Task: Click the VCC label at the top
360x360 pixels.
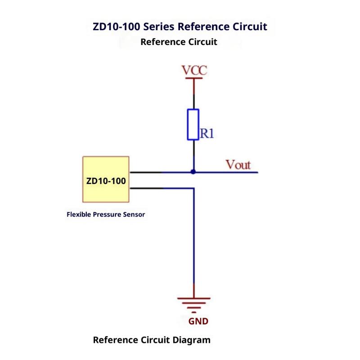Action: click(194, 71)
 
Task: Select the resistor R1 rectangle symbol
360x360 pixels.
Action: click(193, 124)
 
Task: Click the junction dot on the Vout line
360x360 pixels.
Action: click(193, 172)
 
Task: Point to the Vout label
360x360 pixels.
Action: click(238, 165)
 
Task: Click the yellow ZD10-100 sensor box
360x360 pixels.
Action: click(106, 179)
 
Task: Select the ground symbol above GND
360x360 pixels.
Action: click(193, 303)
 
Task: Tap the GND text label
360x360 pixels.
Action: click(198, 322)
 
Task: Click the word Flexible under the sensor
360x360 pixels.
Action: click(79, 215)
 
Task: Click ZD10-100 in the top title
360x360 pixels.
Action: click(116, 26)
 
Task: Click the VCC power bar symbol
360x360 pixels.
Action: click(194, 79)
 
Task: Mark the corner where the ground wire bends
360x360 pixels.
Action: click(193, 188)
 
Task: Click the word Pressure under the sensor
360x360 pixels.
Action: click(108, 215)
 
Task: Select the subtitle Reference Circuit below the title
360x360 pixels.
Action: click(179, 42)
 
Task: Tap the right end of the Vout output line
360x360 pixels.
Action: click(256, 172)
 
